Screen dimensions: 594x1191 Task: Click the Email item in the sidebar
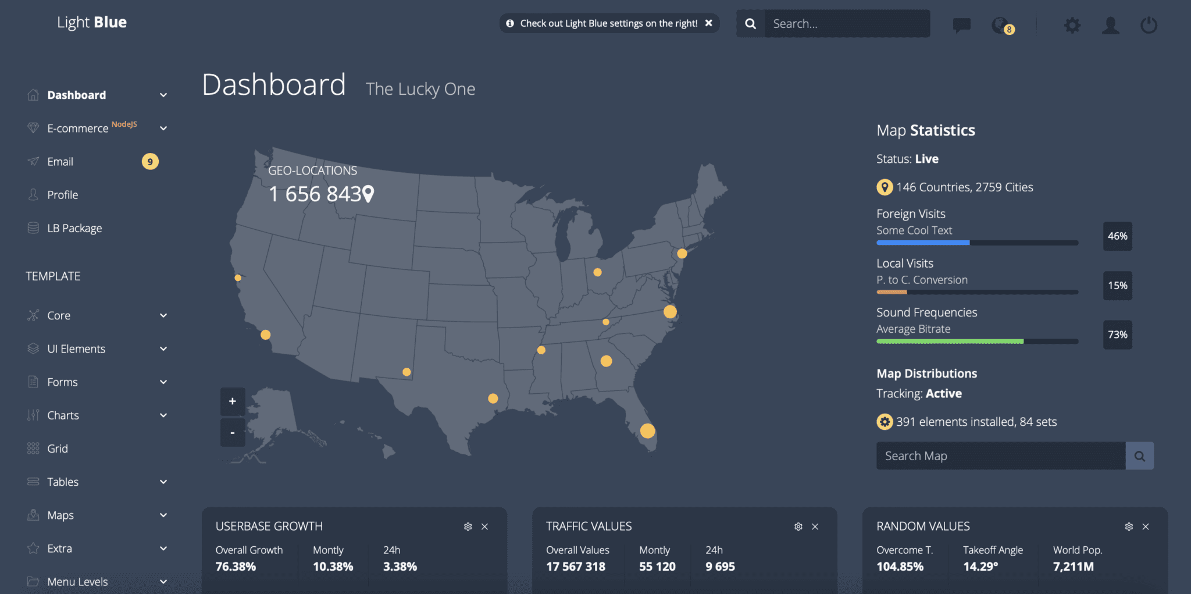pyautogui.click(x=60, y=162)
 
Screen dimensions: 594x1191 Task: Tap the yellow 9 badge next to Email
pyautogui.click(x=150, y=162)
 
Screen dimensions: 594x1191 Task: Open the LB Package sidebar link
pyautogui.click(x=74, y=228)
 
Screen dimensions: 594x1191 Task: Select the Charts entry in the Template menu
pyautogui.click(x=63, y=415)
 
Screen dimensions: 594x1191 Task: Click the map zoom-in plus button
pyautogui.click(x=233, y=401)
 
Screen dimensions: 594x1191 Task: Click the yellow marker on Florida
pyautogui.click(x=647, y=431)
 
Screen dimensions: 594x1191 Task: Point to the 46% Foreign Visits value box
pyautogui.click(x=1117, y=236)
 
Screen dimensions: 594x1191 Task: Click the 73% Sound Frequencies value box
pyautogui.click(x=1117, y=335)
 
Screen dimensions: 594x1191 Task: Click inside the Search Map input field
pyautogui.click(x=1000, y=456)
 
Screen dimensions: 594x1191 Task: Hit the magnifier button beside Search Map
pyautogui.click(x=1140, y=456)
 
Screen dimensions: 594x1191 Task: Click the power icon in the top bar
pyautogui.click(x=1149, y=25)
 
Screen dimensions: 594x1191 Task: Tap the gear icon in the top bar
pyautogui.click(x=1072, y=25)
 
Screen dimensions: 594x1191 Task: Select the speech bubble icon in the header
pyautogui.click(x=961, y=25)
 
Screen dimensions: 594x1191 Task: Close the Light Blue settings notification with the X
pyautogui.click(x=709, y=23)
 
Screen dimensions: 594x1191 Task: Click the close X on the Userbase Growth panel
pyautogui.click(x=484, y=527)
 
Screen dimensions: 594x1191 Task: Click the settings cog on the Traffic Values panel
pyautogui.click(x=798, y=527)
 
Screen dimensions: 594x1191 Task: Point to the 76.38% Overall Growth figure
pyautogui.click(x=236, y=567)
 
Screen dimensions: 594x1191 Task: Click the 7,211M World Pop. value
pyautogui.click(x=1073, y=567)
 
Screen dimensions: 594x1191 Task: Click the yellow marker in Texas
pyautogui.click(x=493, y=399)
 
